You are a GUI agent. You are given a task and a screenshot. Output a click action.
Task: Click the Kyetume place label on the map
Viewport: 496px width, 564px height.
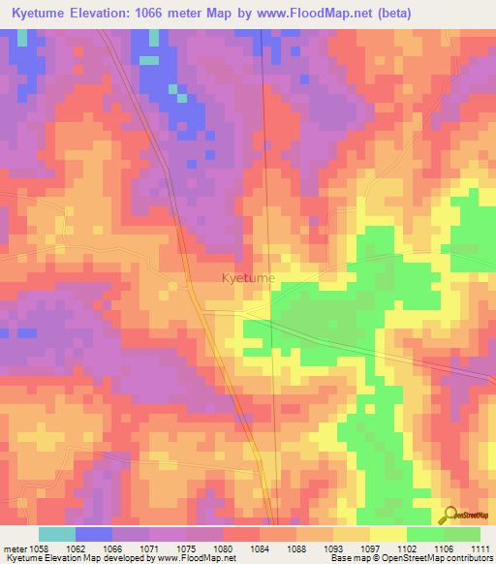[x=248, y=278]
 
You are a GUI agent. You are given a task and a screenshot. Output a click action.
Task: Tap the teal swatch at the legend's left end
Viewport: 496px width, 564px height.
[x=57, y=534]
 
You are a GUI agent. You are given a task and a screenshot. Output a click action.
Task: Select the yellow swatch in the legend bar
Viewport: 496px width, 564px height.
[x=388, y=534]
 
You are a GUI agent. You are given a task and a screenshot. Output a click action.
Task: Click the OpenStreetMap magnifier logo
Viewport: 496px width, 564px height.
[x=450, y=515]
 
